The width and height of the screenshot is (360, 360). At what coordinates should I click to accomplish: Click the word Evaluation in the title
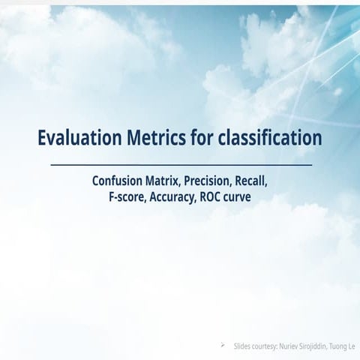coord(78,139)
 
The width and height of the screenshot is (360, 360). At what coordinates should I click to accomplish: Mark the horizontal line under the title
coord(180,163)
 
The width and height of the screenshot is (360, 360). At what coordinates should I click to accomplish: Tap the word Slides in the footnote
coord(242,349)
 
